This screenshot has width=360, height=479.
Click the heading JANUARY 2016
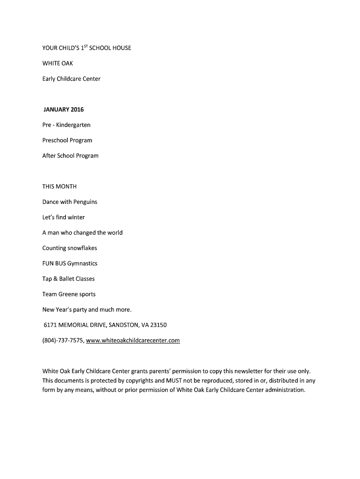tap(64, 110)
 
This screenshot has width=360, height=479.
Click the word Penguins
tap(85, 202)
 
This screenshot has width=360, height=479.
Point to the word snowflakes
tap(82, 248)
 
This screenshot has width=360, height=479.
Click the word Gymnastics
tap(82, 263)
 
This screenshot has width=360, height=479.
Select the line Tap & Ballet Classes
tap(68, 279)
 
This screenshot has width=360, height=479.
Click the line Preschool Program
tap(67, 140)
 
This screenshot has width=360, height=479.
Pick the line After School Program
tap(71, 156)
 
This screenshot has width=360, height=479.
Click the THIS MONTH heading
tap(59, 187)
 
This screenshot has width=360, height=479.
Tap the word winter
tap(76, 218)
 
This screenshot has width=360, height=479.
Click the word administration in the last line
tap(285, 390)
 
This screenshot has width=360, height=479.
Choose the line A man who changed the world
tap(82, 232)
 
